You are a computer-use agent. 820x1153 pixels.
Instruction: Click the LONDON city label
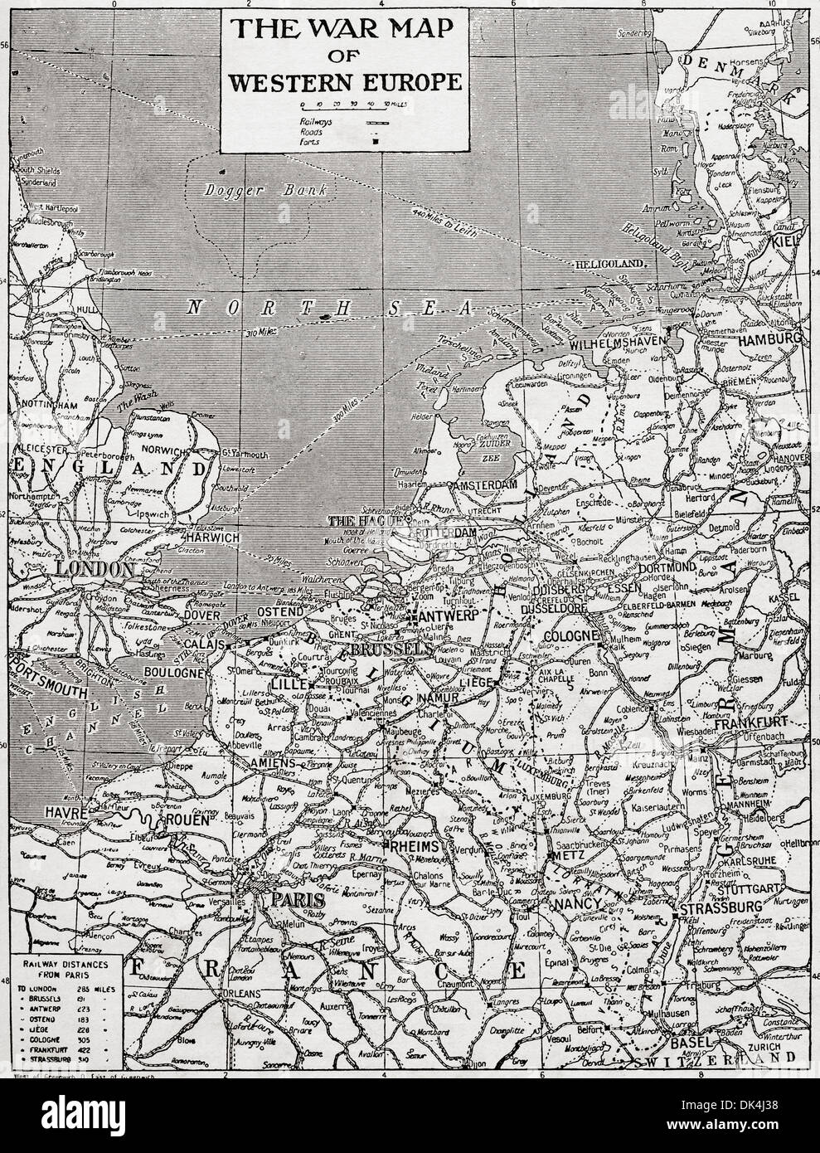(95, 570)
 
